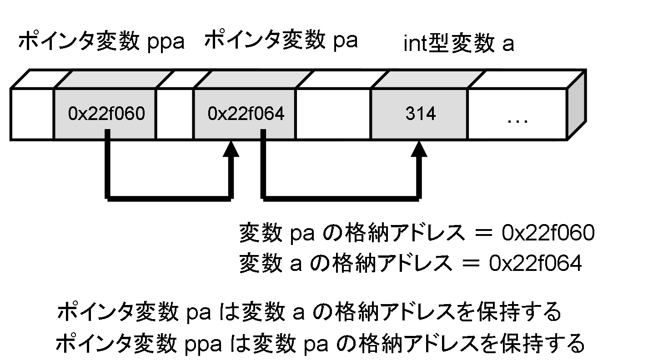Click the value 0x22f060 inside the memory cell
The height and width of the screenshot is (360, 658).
106,114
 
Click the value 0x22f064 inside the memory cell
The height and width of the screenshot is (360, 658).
246,114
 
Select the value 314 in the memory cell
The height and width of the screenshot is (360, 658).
420,114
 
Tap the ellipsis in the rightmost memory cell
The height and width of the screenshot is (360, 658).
517,119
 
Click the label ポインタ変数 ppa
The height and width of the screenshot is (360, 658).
101,42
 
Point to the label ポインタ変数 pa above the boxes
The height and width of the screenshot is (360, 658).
281,41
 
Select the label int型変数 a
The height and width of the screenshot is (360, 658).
459,45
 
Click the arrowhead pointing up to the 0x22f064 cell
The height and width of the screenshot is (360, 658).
232,149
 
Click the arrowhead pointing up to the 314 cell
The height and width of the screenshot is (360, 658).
421,149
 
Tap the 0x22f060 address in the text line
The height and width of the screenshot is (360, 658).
548,234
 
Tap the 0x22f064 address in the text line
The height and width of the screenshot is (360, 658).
535,264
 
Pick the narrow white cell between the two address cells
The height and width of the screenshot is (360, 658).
175,114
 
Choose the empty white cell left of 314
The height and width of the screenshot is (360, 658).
333,114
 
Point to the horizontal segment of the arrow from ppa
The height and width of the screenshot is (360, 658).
169,198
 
